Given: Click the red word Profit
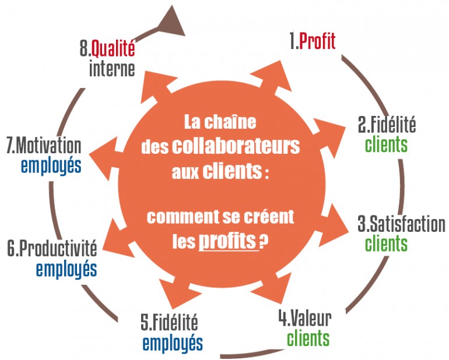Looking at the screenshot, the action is [x=317, y=42].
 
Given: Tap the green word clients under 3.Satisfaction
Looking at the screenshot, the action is [x=386, y=243].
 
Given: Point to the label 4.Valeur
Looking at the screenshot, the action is [x=305, y=318].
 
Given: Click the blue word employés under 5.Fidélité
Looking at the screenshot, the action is [x=173, y=343].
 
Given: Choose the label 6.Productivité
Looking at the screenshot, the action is [x=52, y=248].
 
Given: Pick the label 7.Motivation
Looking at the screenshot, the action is [x=44, y=145].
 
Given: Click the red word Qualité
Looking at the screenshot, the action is [x=113, y=48].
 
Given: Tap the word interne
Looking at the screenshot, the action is [x=112, y=69].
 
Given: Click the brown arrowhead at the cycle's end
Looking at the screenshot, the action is [x=171, y=22].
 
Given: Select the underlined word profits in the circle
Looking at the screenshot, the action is [x=227, y=241].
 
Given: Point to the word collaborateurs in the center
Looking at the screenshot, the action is [x=236, y=146].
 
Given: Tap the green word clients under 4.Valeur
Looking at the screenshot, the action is [x=308, y=338].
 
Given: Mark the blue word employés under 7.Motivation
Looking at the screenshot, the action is [x=51, y=165].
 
